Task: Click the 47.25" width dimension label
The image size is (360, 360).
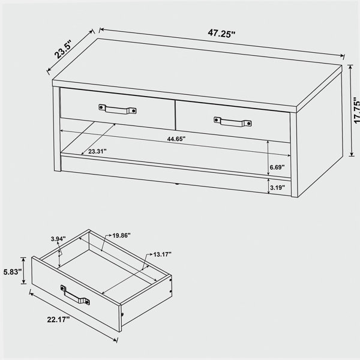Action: click(221, 33)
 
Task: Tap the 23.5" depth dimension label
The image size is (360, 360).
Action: click(63, 49)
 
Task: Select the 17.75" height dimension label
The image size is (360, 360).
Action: click(356, 111)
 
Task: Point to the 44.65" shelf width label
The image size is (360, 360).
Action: click(176, 139)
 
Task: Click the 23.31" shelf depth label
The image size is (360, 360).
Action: click(97, 151)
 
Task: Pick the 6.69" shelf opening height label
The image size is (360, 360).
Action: click(277, 167)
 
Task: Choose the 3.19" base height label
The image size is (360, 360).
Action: click(277, 188)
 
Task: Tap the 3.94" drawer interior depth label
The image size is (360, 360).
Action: click(58, 239)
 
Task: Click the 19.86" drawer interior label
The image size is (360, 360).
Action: click(121, 235)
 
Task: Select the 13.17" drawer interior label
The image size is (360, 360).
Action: click(163, 254)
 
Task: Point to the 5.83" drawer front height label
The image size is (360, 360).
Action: click(13, 272)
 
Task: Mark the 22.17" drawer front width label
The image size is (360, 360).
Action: click(58, 319)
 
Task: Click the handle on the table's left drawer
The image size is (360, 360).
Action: click(118, 109)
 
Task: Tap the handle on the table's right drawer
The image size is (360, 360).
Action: click(232, 122)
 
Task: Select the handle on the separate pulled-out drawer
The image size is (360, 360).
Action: click(75, 295)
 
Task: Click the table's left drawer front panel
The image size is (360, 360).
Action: click(118, 109)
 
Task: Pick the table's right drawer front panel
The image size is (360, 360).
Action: click(233, 122)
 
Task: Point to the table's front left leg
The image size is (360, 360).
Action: click(57, 129)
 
